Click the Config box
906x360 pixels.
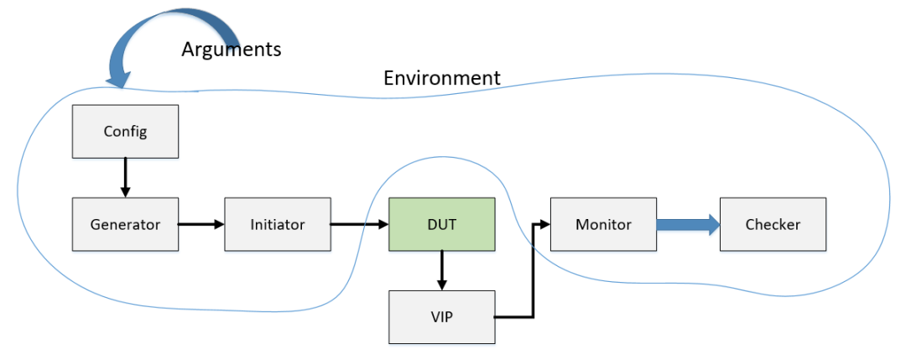click(125, 131)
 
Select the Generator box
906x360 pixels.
click(125, 224)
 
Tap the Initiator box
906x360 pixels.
click(277, 224)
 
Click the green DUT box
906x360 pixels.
click(441, 224)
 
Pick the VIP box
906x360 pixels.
click(441, 317)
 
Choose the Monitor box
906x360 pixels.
click(602, 224)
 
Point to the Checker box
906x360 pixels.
click(773, 224)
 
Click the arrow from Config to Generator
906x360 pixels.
click(125, 177)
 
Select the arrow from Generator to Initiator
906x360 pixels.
click(201, 224)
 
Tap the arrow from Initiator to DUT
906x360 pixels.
click(358, 224)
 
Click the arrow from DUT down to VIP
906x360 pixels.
click(441, 270)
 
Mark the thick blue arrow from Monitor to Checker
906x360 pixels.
click(688, 224)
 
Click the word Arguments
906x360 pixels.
click(231, 50)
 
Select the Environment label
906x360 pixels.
click(441, 78)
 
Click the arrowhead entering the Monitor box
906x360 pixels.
click(544, 224)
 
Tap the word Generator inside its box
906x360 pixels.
click(125, 224)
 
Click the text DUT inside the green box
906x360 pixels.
click(441, 224)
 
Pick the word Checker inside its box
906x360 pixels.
click(773, 224)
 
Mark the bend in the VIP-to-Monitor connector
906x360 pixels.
click(534, 317)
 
